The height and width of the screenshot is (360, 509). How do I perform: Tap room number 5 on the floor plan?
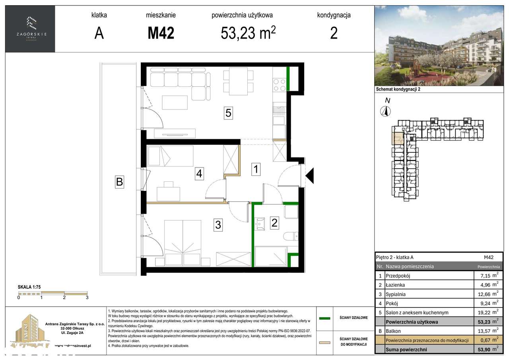click(228, 113)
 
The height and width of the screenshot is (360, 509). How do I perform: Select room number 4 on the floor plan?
click(199, 173)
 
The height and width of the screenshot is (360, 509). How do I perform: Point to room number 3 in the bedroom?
click(218, 225)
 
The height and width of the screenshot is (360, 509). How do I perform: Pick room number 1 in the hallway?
click(256, 170)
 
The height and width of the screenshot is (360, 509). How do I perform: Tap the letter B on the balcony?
click(119, 183)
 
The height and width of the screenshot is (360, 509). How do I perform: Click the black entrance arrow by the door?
click(309, 175)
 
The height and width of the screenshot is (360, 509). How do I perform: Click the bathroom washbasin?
click(261, 224)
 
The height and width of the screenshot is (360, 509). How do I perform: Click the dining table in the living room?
click(238, 82)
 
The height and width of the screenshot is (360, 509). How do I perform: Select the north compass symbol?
click(385, 111)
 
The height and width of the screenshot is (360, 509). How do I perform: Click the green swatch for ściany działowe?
click(325, 318)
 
